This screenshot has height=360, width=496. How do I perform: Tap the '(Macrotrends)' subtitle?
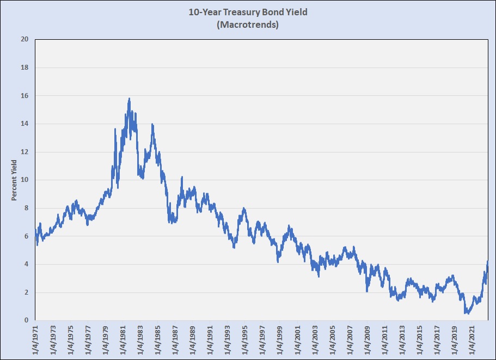click(x=248, y=25)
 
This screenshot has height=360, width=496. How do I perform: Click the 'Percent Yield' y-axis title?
click(x=14, y=180)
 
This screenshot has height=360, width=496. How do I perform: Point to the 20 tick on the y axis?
click(x=25, y=40)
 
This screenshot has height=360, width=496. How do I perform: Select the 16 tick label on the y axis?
click(x=25, y=96)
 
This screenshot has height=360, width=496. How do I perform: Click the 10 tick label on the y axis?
click(x=25, y=180)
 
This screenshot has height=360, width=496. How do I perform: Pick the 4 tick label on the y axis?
click(x=26, y=265)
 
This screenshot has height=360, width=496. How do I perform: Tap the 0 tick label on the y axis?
click(x=26, y=321)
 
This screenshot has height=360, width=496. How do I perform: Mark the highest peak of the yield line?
click(x=129, y=99)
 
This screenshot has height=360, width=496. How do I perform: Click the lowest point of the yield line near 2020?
click(x=467, y=313)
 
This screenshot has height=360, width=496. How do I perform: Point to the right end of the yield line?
click(x=488, y=263)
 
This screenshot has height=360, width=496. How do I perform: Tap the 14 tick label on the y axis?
click(x=25, y=124)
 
